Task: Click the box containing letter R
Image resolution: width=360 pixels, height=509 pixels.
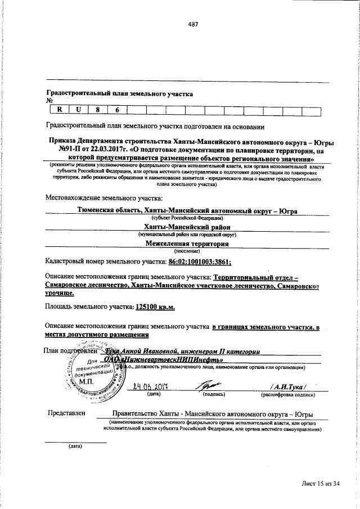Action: pyautogui.click(x=58, y=111)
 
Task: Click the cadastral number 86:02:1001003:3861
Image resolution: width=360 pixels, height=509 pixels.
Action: pyautogui.click(x=200, y=262)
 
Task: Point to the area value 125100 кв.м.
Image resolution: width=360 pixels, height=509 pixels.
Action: pyautogui.click(x=156, y=307)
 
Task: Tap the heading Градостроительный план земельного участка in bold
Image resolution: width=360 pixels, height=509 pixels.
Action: pyautogui.click(x=119, y=94)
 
